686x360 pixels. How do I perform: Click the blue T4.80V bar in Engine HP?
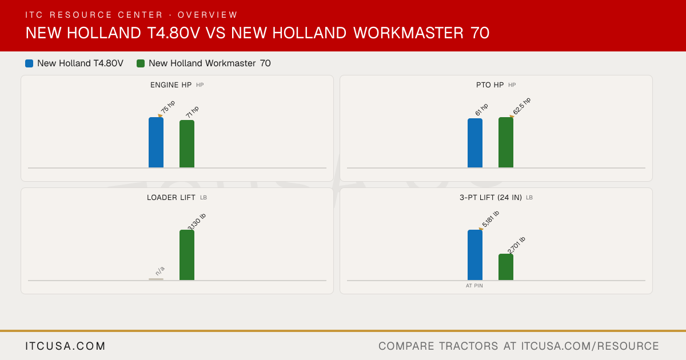point(156,142)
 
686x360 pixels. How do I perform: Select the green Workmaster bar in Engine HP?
point(187,144)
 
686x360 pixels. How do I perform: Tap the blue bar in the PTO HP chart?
point(475,143)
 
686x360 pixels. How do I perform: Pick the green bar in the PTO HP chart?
point(506,142)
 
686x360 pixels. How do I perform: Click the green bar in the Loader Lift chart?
point(187,255)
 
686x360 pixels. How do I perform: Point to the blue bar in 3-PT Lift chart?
point(475,255)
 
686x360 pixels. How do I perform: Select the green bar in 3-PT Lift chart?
point(506,267)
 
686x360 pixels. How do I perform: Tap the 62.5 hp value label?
point(522,106)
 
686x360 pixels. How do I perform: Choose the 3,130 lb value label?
point(197,222)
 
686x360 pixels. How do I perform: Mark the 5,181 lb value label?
point(490,219)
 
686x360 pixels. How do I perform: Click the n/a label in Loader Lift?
point(160,271)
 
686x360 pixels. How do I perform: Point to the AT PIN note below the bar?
point(474,286)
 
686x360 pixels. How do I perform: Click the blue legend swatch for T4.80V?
point(29,63)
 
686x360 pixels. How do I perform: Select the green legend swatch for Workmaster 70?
point(141,63)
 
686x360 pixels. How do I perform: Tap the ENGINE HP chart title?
point(171,85)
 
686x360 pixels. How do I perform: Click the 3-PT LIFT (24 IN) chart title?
point(490,198)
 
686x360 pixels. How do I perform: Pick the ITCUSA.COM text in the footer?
point(65,346)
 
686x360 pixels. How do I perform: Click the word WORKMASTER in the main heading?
point(409,33)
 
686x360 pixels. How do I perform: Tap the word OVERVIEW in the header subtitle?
point(208,15)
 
